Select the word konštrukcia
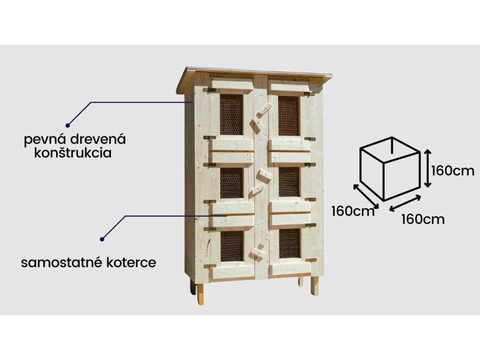[x=73, y=153]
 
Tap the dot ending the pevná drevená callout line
[x=67, y=125]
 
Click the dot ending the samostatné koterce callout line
[x=102, y=239]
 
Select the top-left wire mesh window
[x=231, y=115]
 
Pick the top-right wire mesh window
[x=289, y=115]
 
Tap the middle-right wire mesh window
[x=289, y=182]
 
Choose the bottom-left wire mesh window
[x=232, y=245]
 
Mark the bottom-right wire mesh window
[x=289, y=244]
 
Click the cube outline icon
[x=389, y=169]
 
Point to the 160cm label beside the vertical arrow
[x=453, y=171]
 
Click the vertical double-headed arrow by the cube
[x=427, y=168]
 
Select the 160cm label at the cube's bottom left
[x=353, y=211]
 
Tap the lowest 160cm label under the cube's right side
[x=423, y=219]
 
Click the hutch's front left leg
[x=201, y=293]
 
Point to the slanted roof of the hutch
[x=255, y=73]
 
